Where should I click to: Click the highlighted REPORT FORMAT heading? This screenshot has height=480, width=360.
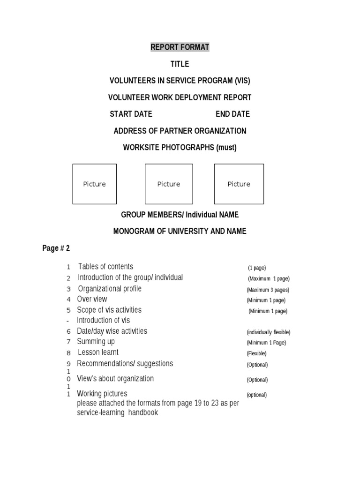point(180,47)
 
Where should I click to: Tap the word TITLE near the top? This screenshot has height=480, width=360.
point(180,64)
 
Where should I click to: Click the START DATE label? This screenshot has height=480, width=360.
point(131,114)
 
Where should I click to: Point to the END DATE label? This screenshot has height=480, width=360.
point(232,114)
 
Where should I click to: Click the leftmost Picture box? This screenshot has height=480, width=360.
point(94,184)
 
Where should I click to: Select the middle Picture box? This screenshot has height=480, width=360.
point(169,184)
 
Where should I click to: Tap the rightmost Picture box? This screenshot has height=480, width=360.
point(239,184)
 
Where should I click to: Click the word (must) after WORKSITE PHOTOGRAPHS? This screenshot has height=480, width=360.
point(226,148)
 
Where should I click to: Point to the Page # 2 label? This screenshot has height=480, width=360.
point(56,248)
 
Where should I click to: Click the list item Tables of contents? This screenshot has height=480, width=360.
point(105,267)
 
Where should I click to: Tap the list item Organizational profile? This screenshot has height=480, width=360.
point(109,289)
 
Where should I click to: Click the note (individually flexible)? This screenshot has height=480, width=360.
point(269,332)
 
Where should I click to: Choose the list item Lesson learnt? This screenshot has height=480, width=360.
point(98,352)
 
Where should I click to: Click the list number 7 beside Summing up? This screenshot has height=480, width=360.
point(68,342)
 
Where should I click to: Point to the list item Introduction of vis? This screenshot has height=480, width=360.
point(103,321)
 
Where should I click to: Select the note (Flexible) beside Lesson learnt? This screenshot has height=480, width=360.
point(256,353)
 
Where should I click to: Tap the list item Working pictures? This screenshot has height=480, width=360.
point(102,394)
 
